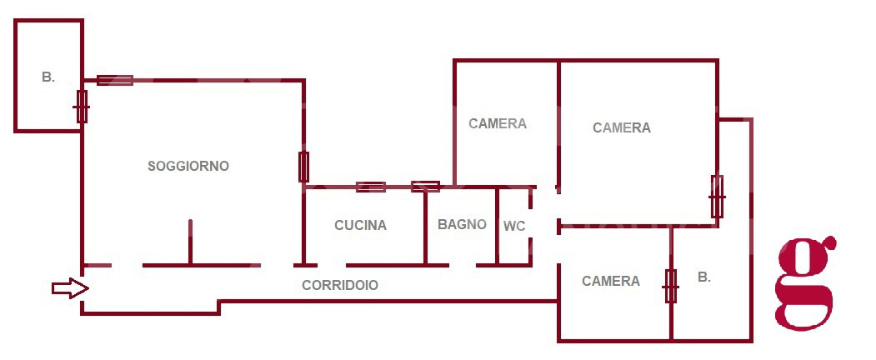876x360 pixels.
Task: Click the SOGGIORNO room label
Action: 188,166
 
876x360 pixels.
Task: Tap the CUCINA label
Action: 360,225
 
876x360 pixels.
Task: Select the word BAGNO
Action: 462,224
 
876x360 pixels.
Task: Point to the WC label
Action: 513,226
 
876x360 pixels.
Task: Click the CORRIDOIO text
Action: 339,285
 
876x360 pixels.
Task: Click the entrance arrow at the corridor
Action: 70,288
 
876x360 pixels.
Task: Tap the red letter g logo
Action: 805,282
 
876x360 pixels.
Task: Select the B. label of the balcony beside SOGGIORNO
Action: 48,77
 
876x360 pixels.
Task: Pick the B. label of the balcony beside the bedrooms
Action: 704,277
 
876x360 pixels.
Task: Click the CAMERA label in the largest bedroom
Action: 621,127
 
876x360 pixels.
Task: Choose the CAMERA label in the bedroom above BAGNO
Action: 498,123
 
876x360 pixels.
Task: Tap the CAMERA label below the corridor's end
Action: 611,281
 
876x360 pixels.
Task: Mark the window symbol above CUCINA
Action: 370,187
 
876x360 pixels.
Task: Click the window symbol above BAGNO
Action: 425,187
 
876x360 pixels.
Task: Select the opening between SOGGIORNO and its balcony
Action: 82,106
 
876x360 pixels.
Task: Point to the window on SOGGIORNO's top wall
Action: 115,80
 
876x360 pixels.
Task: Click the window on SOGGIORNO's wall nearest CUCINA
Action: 304,167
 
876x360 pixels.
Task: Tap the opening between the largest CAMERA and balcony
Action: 717,197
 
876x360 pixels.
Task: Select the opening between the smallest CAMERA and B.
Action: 671,286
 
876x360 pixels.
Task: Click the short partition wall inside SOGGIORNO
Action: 190,242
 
